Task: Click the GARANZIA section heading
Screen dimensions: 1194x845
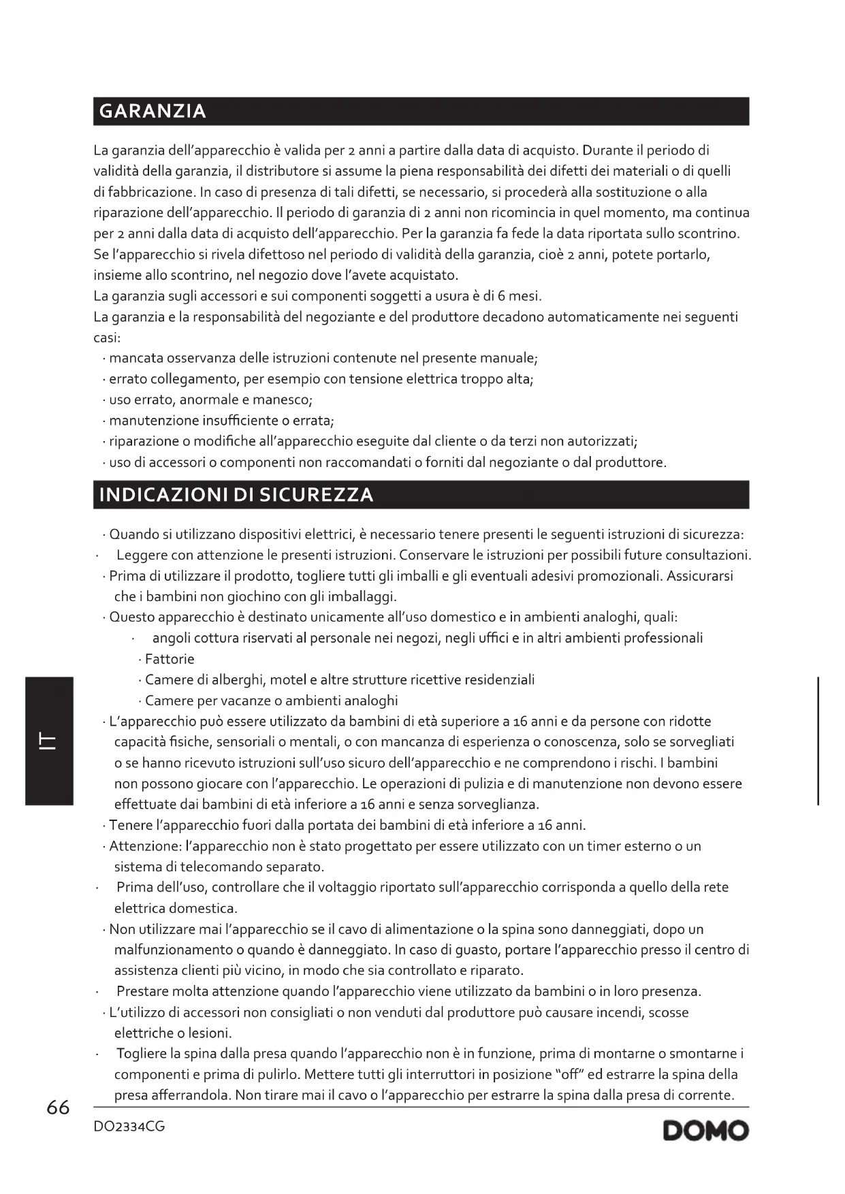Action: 153,111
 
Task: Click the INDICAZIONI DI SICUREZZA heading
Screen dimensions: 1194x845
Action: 236,495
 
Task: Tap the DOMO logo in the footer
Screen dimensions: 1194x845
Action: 705,1131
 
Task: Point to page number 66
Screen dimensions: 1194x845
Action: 58,1108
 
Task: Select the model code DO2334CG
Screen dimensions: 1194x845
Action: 129,1127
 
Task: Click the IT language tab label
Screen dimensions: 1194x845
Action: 48,741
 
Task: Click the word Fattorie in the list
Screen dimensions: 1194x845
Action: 170,659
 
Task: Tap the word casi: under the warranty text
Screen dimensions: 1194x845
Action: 107,338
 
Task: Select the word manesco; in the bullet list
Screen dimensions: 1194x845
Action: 283,400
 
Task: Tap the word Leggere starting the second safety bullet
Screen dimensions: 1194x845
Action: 142,555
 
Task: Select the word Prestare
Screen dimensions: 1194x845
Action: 143,992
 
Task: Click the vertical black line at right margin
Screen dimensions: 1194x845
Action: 818,741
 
